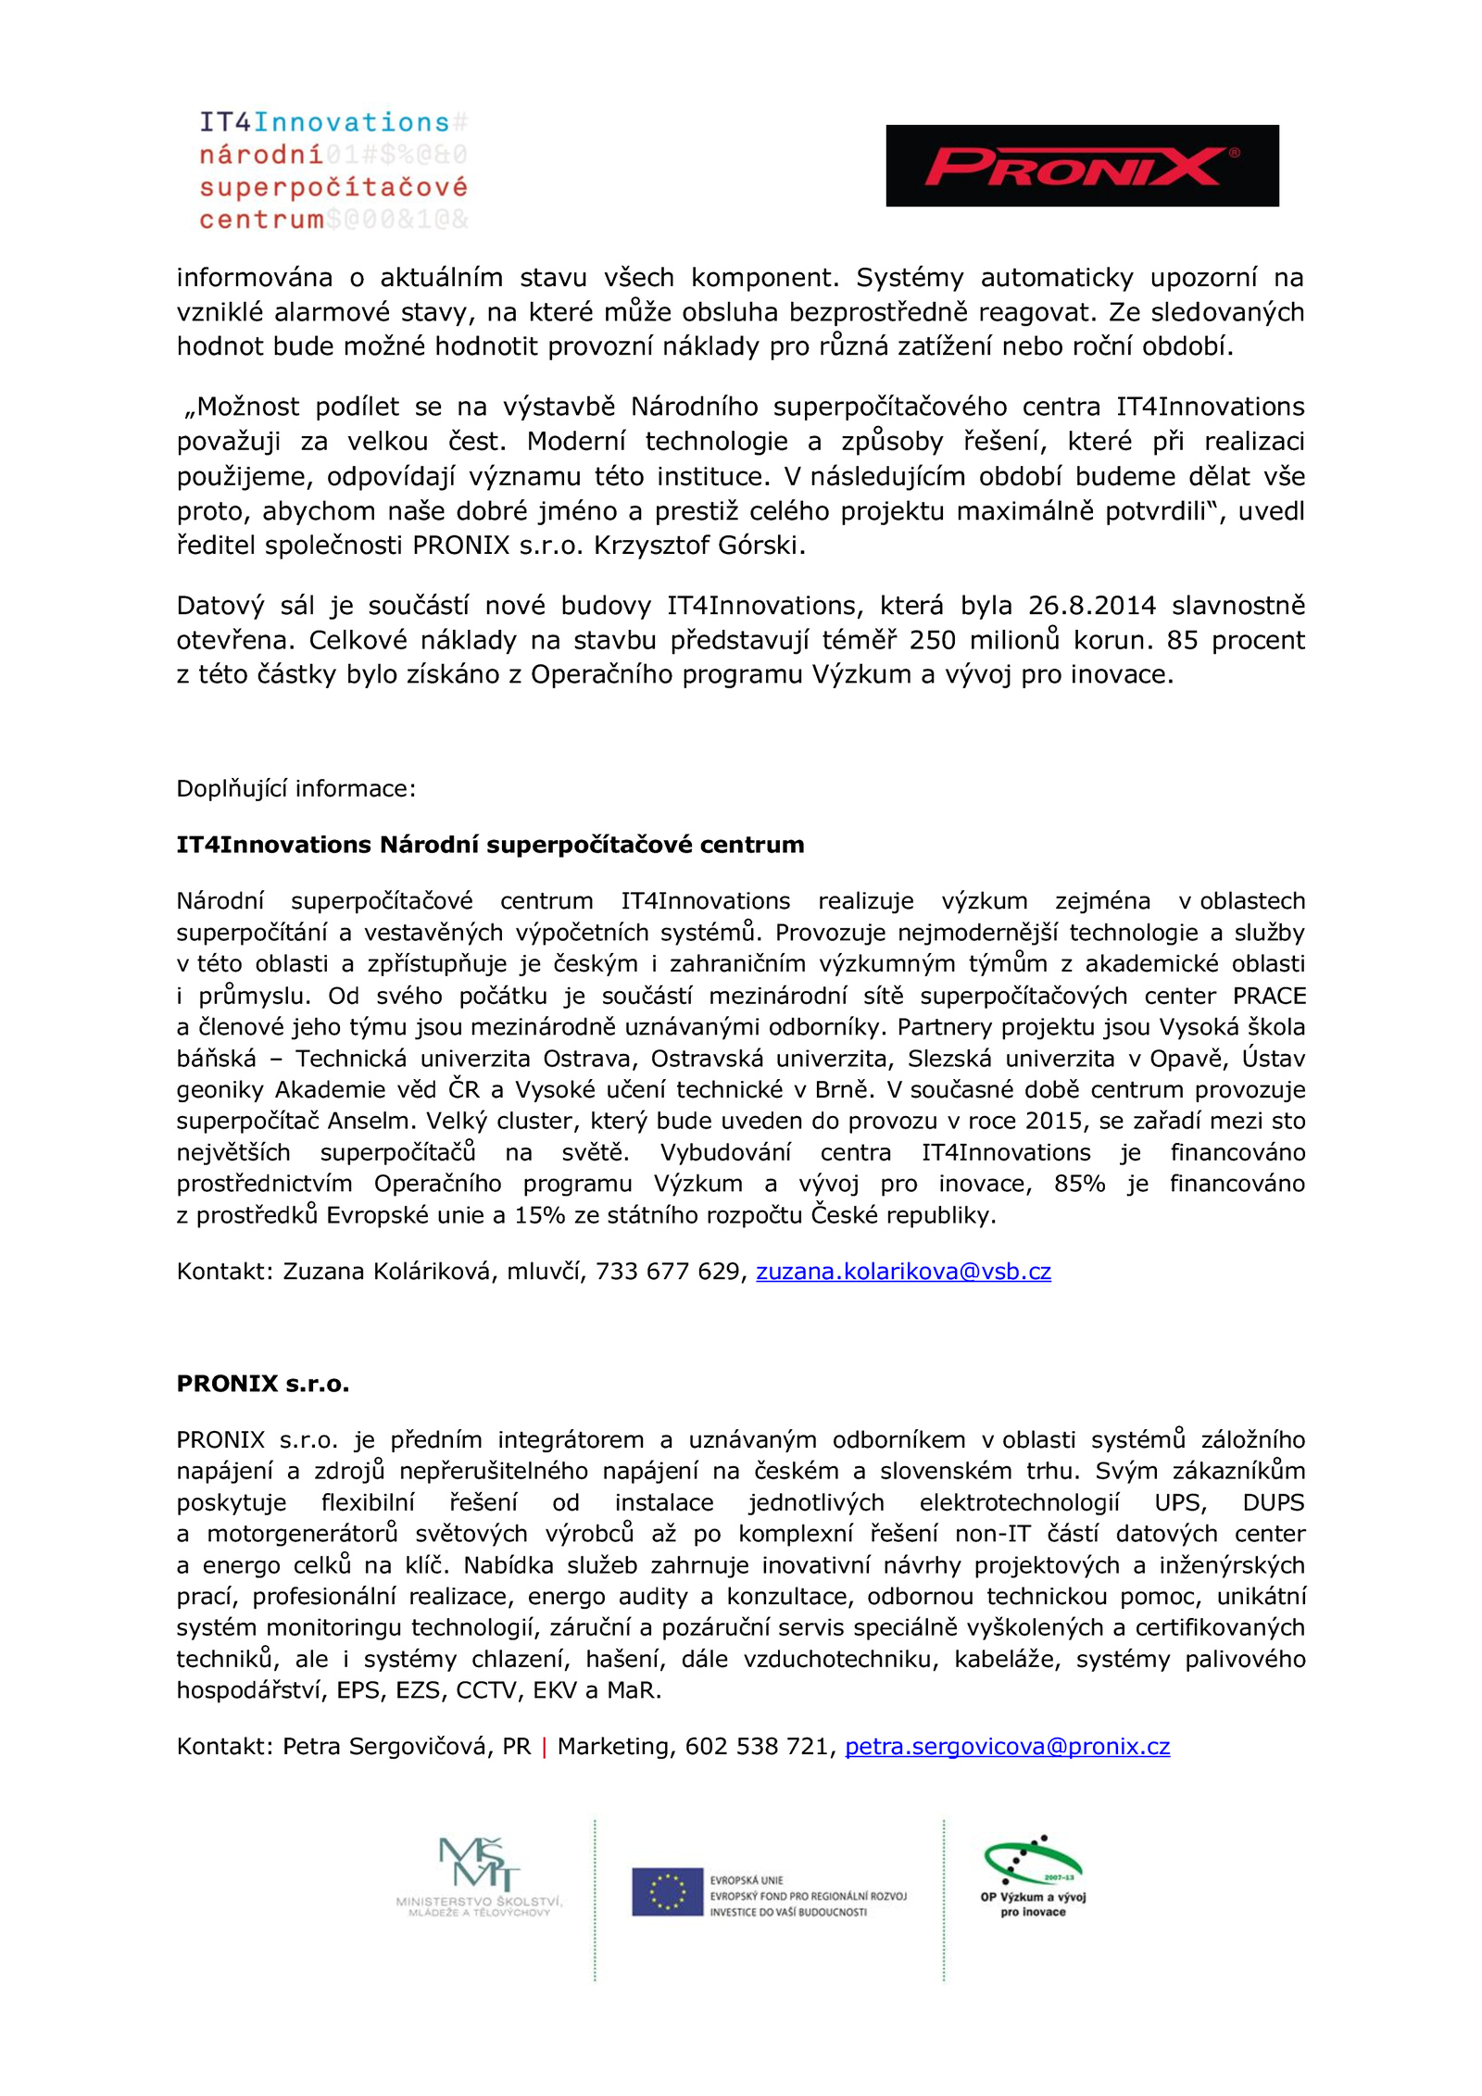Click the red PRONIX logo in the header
(1081, 166)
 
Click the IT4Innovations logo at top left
(333, 170)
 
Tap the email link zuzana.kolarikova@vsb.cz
(902, 1271)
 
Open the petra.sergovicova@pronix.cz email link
(1007, 1746)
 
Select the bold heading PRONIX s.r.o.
(263, 1383)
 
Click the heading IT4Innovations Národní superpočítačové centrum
(490, 845)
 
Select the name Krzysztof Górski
(698, 546)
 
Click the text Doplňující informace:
(296, 788)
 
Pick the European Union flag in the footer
(667, 1891)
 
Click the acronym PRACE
(1269, 996)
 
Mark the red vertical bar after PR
(544, 1747)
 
